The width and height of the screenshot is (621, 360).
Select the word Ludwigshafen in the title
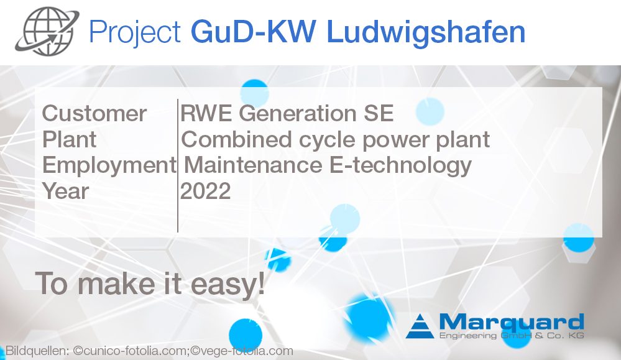(x=426, y=32)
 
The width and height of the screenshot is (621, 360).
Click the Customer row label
(x=94, y=114)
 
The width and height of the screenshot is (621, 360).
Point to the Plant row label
(x=69, y=139)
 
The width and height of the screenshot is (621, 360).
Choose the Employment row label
(x=109, y=165)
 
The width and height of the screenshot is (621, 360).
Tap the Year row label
(x=66, y=191)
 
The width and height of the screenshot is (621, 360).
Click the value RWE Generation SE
(x=287, y=114)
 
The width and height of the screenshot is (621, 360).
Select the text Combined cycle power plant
(x=336, y=139)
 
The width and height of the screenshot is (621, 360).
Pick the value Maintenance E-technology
(x=328, y=165)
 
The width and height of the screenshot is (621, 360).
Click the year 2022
(x=205, y=191)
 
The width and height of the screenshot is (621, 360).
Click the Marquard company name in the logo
(x=512, y=322)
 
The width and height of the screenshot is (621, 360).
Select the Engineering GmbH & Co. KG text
(x=512, y=336)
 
